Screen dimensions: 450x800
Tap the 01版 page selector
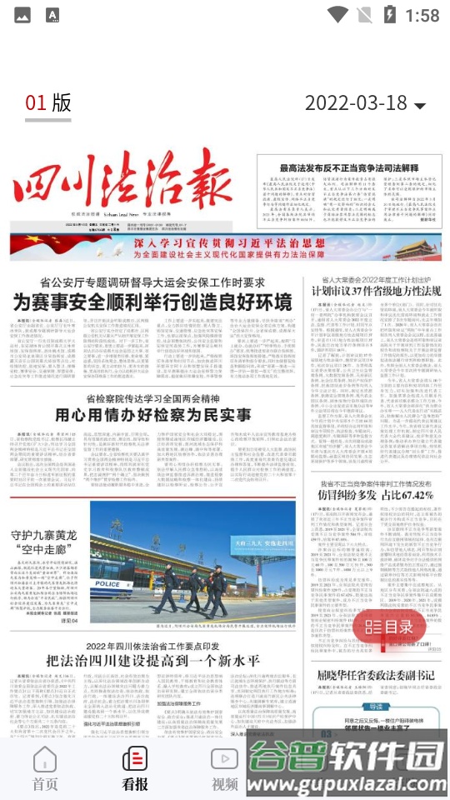(48, 102)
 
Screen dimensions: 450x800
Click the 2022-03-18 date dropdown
(364, 103)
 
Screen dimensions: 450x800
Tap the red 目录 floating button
(389, 626)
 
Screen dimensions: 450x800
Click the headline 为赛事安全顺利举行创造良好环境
(152, 302)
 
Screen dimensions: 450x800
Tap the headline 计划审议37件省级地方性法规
(376, 292)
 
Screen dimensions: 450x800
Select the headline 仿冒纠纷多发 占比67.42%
(377, 494)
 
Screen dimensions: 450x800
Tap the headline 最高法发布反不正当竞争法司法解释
(352, 168)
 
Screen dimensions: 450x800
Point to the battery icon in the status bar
(389, 14)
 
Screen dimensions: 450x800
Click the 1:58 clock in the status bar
(422, 15)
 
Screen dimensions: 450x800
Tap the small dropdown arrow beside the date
(420, 106)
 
